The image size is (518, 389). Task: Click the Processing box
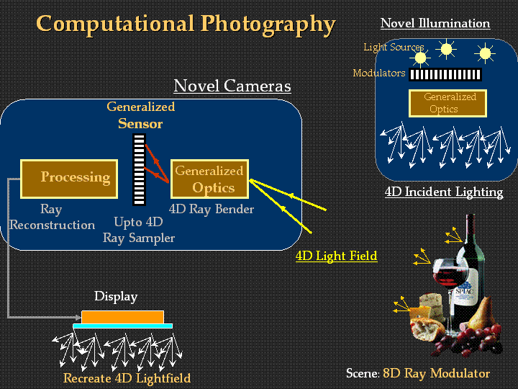click(69, 179)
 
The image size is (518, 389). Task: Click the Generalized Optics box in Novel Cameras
click(210, 179)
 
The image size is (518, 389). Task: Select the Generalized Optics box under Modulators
click(447, 103)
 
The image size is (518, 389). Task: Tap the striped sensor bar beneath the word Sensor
click(139, 170)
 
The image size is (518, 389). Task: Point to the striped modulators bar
click(445, 74)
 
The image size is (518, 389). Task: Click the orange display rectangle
click(122, 317)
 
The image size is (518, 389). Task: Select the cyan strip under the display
click(122, 326)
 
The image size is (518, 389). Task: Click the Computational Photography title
click(186, 24)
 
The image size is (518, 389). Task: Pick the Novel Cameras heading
click(232, 86)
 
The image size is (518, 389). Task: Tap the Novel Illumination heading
click(435, 23)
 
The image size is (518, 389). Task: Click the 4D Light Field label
click(336, 256)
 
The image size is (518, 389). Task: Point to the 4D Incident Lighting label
click(444, 192)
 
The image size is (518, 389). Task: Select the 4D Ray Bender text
click(212, 209)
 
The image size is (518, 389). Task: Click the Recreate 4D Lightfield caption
click(127, 377)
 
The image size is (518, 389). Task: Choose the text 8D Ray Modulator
click(436, 373)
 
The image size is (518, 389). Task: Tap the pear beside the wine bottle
click(481, 313)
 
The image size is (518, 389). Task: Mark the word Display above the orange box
click(116, 296)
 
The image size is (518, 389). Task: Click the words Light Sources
click(394, 48)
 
